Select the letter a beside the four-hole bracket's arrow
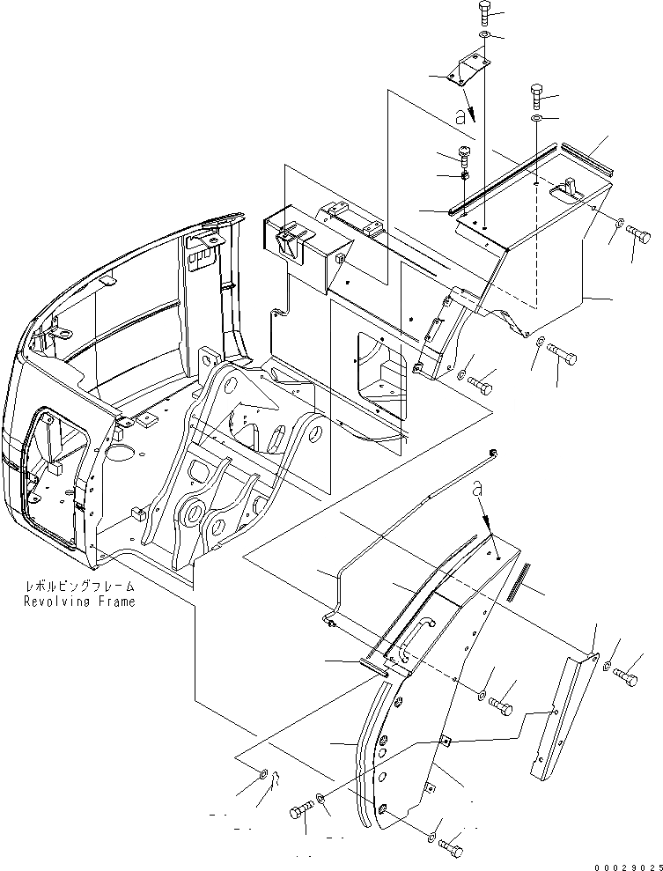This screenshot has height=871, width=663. click(x=459, y=115)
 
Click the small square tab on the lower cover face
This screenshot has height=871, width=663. click(x=446, y=741)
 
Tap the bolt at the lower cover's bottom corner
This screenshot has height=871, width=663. click(x=449, y=847)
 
